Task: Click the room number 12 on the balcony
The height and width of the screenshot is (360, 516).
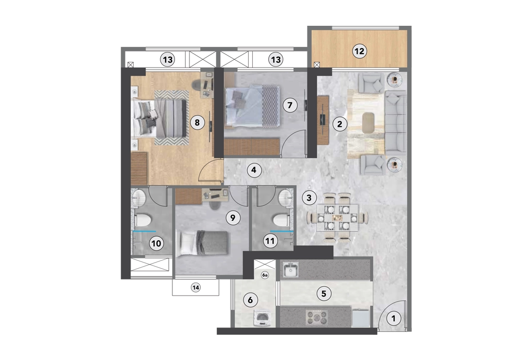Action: pos(359,52)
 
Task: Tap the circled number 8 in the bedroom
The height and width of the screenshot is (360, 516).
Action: pos(197,123)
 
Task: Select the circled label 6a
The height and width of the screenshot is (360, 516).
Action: pos(265,275)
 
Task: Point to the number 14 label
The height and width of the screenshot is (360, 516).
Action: pos(196,288)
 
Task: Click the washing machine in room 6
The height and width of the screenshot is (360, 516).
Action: pos(262,318)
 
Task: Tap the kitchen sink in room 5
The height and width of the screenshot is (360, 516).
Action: pos(291,270)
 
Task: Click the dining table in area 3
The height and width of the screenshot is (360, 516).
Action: pos(337,218)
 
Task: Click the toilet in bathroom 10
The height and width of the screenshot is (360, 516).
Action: pos(143,219)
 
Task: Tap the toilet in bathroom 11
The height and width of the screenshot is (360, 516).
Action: pos(281,220)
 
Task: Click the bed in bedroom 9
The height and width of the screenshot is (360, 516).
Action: pos(202,243)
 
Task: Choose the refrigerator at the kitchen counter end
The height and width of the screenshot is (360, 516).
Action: pos(361,318)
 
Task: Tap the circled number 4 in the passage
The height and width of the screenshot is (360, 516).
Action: pos(254,170)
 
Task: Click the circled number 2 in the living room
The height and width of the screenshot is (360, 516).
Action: pos(340,124)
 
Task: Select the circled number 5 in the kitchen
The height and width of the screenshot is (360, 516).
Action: pos(324,293)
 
